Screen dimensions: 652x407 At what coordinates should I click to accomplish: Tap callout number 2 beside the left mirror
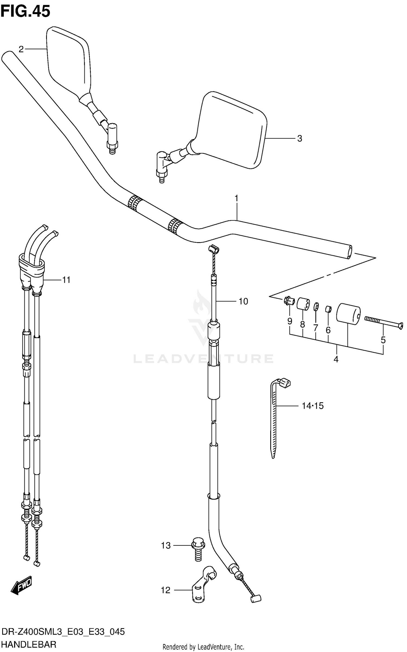21,49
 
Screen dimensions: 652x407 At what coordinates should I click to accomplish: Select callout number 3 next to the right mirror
299,139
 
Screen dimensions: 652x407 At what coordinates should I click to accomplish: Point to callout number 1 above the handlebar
236,199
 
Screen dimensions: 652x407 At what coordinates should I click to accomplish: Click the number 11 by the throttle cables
66,280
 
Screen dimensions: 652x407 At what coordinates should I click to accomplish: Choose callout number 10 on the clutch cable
243,301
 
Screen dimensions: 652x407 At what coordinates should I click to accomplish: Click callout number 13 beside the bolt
166,545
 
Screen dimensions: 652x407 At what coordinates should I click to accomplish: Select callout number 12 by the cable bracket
166,590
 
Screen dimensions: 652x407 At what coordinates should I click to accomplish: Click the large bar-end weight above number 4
348,314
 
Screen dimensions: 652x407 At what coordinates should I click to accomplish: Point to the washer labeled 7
316,306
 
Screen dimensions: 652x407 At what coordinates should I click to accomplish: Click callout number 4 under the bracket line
336,360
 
